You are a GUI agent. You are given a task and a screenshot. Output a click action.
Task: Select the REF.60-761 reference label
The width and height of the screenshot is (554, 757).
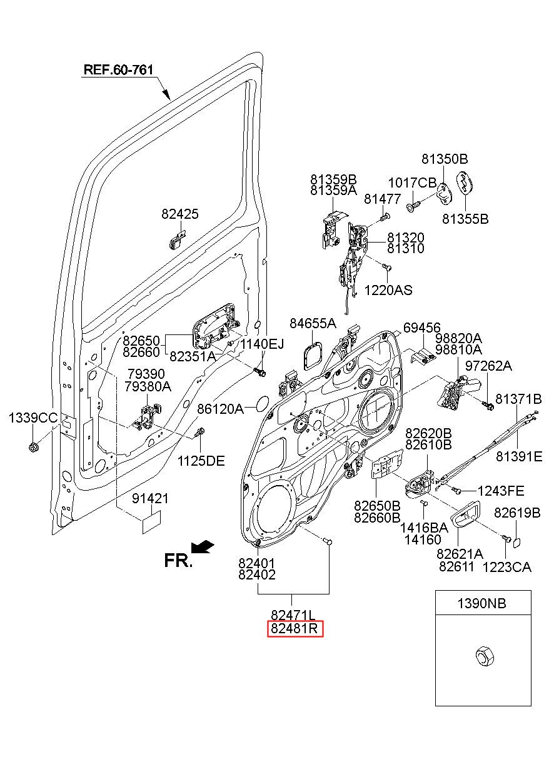118,69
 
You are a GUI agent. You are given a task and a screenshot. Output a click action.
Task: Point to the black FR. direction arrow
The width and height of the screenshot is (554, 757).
202,547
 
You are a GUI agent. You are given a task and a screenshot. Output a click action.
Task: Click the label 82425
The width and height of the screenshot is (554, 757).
180,214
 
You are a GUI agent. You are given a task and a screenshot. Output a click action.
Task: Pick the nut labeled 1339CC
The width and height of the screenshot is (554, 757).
33,448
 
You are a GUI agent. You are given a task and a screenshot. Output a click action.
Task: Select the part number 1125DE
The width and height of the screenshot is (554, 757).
201,461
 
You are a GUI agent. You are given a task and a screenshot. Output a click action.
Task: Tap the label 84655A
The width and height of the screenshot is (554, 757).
313,323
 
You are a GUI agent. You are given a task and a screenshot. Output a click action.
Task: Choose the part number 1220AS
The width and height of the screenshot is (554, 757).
388,290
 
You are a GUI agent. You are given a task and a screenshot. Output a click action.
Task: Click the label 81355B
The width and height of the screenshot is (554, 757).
465,219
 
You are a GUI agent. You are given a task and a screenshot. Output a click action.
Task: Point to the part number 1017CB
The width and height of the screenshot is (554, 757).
412,183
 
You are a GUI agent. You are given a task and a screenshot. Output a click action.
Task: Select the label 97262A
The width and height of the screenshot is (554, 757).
488,366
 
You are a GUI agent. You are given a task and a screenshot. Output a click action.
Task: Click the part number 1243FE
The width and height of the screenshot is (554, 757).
501,490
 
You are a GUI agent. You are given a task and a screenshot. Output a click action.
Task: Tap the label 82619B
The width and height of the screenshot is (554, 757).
517,513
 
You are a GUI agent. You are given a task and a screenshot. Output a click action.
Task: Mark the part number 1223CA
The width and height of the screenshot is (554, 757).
506,567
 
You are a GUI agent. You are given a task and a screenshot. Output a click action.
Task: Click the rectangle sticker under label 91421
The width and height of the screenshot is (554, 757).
151,523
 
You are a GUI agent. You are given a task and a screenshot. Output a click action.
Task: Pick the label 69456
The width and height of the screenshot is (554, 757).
422,328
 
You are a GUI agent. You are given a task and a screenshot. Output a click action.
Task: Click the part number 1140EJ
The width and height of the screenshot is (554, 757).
262,344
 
